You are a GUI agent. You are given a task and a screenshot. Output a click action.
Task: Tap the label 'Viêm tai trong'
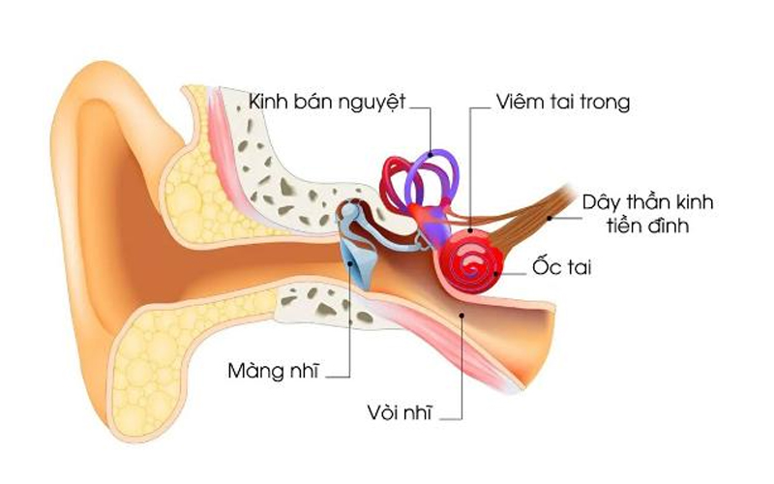click(x=563, y=100)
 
